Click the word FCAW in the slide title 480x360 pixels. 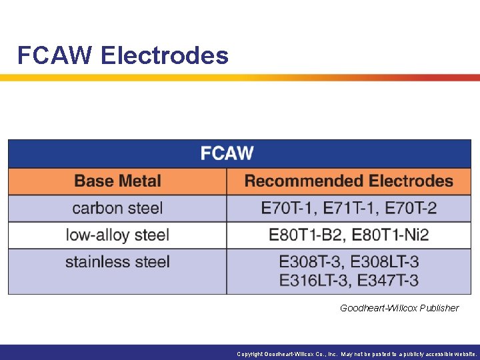point(55,55)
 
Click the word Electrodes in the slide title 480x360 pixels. point(165,55)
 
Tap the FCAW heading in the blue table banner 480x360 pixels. point(227,153)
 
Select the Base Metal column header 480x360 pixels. point(117,181)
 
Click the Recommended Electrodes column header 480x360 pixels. point(349,181)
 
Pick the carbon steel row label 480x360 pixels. point(117,208)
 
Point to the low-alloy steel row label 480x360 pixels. point(117,235)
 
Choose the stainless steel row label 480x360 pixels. point(117,261)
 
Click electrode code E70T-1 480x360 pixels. point(288,208)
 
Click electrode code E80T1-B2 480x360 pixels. point(306,235)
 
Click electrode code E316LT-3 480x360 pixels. point(314,280)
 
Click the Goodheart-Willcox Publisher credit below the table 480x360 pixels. point(399,308)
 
